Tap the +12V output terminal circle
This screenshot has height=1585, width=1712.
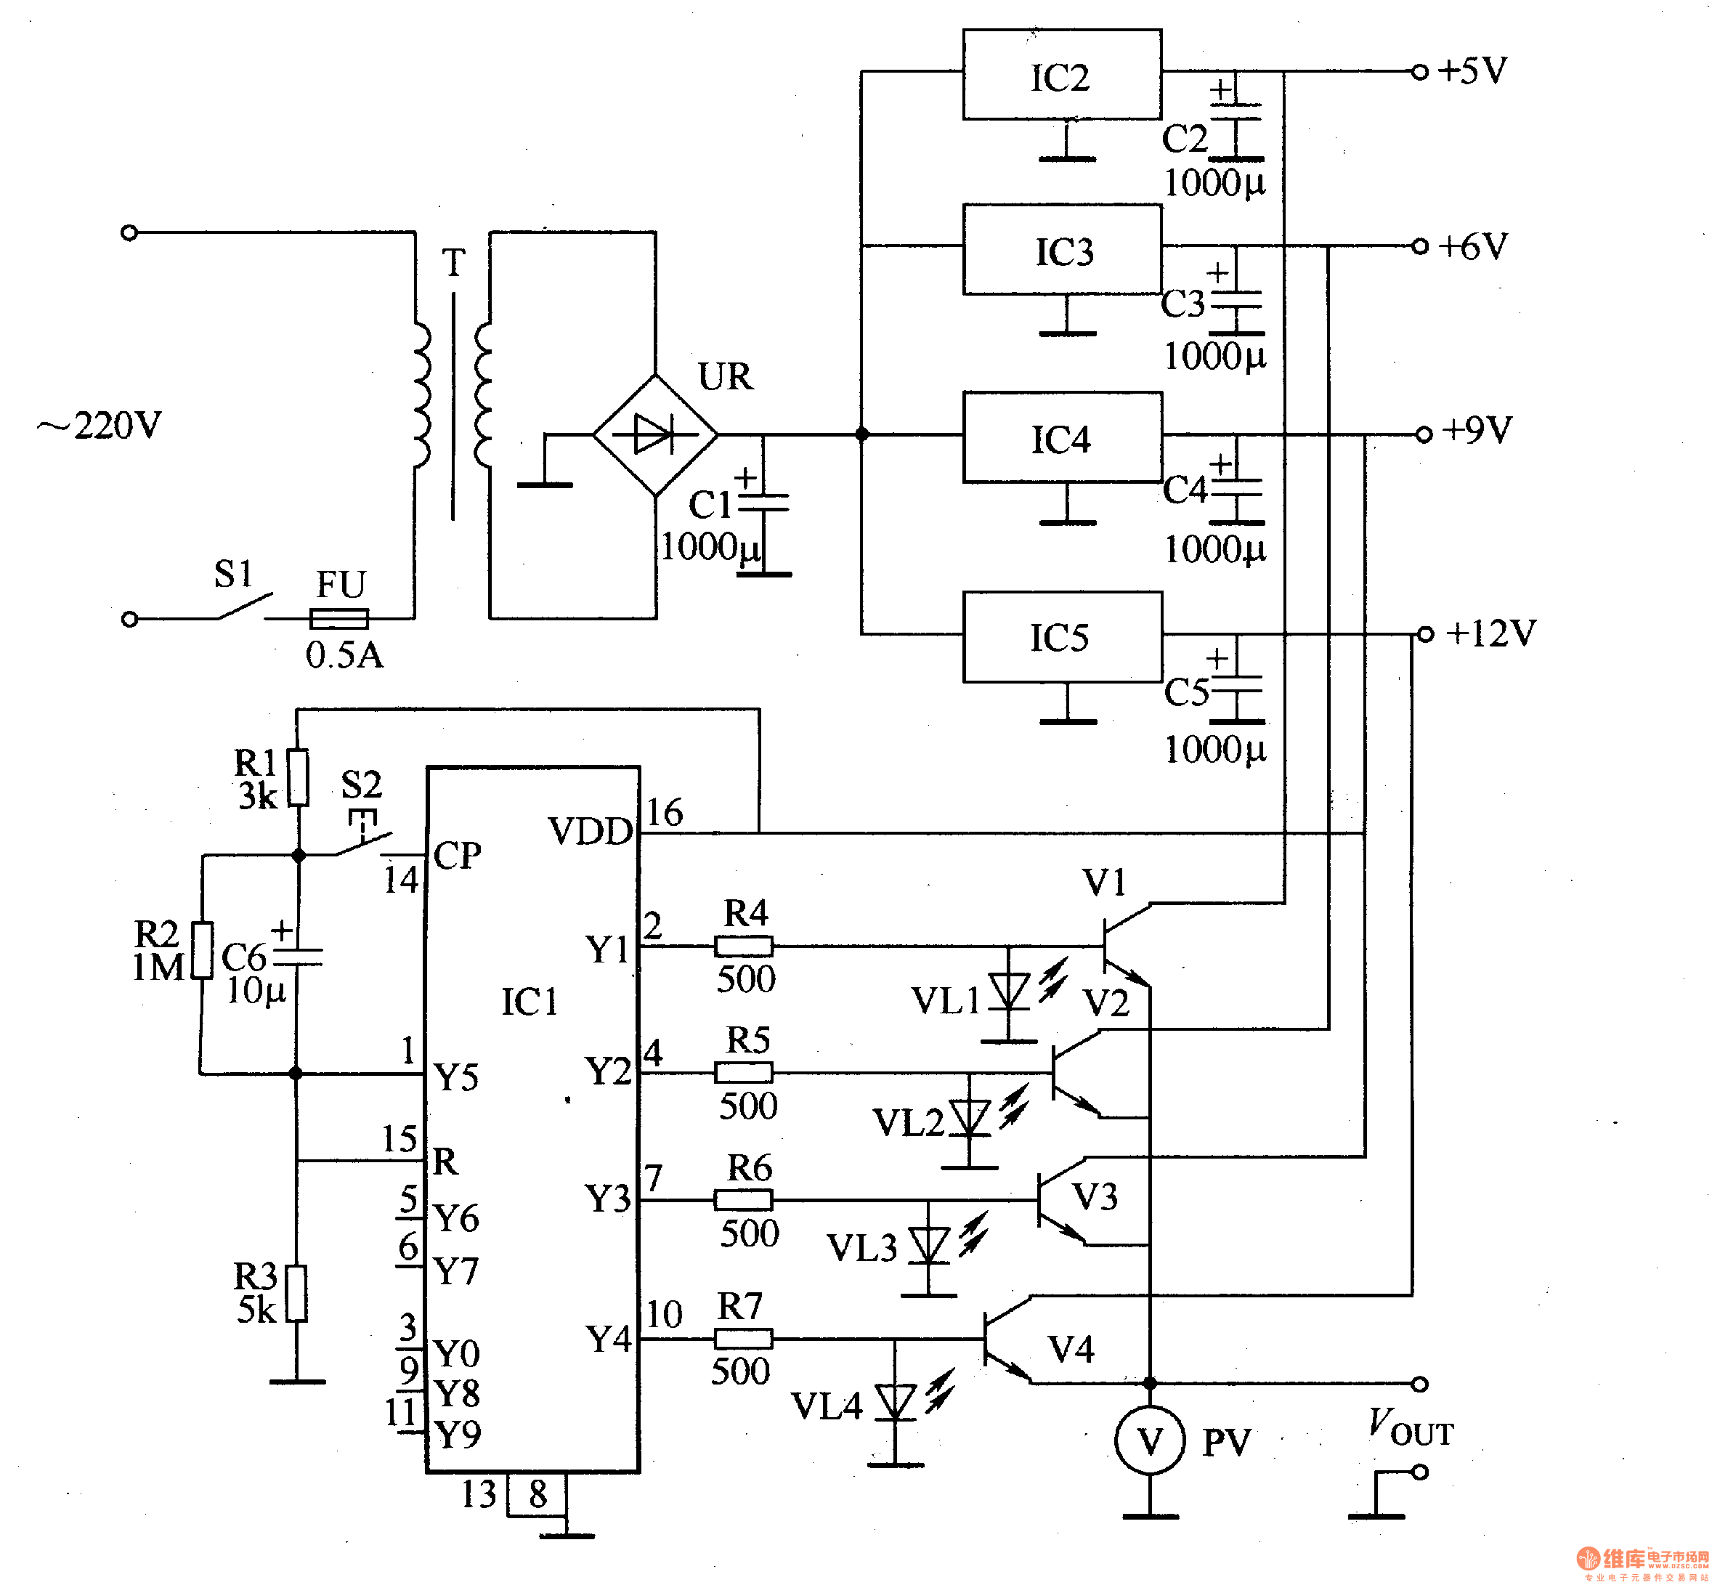1424,634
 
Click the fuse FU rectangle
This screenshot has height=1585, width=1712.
338,617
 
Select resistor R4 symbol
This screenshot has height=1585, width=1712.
744,946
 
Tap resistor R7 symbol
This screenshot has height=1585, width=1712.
743,1338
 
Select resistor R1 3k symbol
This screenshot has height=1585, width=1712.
298,777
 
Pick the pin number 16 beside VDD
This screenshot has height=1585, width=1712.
664,812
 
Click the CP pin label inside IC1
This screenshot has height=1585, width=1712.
457,855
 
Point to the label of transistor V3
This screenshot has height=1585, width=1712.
1095,1196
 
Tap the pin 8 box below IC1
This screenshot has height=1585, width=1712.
537,1495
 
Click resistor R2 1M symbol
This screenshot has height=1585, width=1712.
203,949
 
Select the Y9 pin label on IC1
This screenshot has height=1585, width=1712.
457,1433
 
